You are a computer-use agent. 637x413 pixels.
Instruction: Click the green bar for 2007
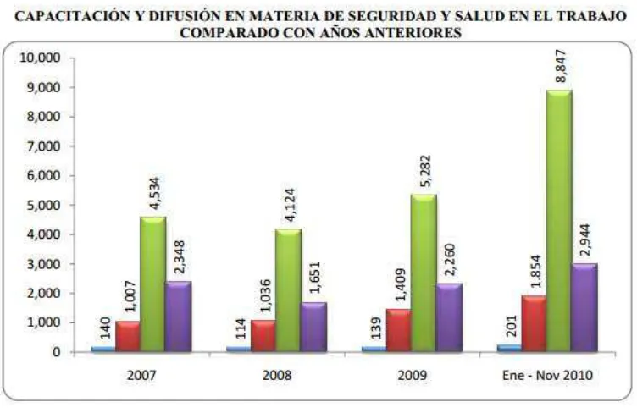(x=152, y=284)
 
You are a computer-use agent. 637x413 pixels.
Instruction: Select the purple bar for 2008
(x=313, y=327)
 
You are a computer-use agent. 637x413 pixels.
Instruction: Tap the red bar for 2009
(x=398, y=331)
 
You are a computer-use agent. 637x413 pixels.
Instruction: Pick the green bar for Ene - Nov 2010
(x=559, y=221)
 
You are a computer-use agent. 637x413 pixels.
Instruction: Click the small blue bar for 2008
(x=239, y=349)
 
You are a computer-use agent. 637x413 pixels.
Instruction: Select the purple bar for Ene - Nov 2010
(x=584, y=307)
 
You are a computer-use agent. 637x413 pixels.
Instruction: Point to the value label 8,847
(x=561, y=66)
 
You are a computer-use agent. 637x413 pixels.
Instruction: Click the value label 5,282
(x=425, y=171)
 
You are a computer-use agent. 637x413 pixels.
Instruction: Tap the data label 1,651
(x=314, y=278)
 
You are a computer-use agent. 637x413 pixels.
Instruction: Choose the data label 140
(x=104, y=328)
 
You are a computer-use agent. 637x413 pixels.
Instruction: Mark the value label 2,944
(x=585, y=240)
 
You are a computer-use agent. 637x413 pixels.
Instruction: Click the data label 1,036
(x=265, y=295)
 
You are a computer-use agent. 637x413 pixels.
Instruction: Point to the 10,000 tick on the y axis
(x=40, y=58)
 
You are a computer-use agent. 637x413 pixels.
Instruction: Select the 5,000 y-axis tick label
(x=43, y=206)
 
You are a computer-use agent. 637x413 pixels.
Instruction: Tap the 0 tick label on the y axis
(x=57, y=352)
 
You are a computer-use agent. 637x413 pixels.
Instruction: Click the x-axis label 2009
(x=413, y=375)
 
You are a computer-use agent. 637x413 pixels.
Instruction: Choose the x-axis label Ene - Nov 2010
(x=547, y=375)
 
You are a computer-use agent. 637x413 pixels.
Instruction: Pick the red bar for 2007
(x=128, y=337)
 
